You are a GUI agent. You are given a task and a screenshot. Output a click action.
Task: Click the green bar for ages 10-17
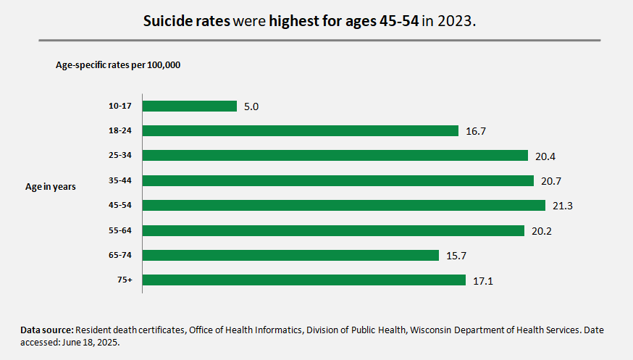[x=190, y=106]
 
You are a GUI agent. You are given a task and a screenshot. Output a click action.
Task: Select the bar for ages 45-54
[x=343, y=206]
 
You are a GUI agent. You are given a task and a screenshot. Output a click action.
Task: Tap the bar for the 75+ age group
[x=303, y=280]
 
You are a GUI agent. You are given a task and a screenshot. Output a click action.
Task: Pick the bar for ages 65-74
[x=290, y=255]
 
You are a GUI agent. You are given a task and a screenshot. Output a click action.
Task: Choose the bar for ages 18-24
[x=301, y=131]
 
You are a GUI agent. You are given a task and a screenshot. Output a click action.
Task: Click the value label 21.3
[x=563, y=206]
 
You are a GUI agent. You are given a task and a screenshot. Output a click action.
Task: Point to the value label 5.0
[x=251, y=107]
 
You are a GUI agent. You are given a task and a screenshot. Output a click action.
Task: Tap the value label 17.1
[x=482, y=281]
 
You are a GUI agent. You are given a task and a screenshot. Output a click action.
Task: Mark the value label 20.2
[x=542, y=232]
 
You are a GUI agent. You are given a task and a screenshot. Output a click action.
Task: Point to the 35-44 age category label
[x=120, y=180]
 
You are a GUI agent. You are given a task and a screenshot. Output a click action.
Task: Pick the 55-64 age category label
[x=120, y=230]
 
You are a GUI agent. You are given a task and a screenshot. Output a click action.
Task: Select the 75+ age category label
[x=125, y=280]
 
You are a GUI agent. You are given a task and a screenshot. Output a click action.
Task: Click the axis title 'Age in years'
[x=51, y=187]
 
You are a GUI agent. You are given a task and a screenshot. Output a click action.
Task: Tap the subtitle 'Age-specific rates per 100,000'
[x=118, y=65]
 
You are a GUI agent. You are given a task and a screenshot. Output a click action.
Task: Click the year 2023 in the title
[x=456, y=21]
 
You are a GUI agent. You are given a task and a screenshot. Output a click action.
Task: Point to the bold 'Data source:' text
[x=46, y=330]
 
